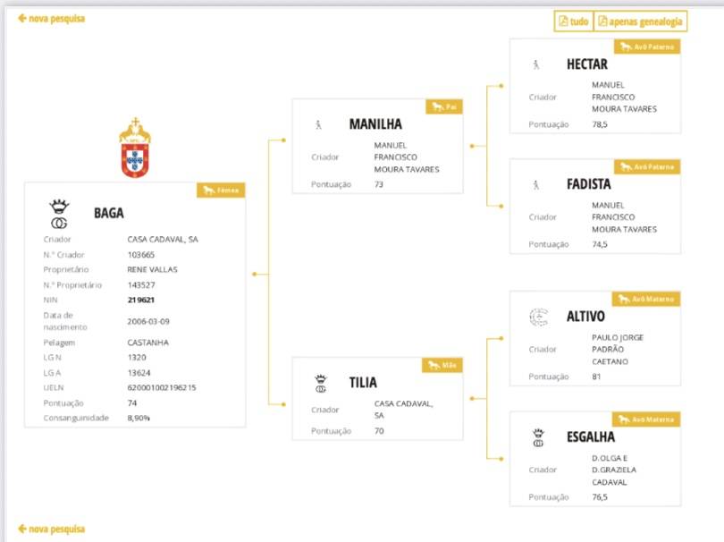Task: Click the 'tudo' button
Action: (x=574, y=21)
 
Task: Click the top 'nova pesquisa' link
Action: (x=51, y=19)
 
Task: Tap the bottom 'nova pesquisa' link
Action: (x=51, y=529)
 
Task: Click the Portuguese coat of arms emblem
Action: (x=135, y=148)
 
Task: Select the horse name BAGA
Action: (x=109, y=213)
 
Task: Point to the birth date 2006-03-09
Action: (x=148, y=321)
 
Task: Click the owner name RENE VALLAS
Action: (x=152, y=269)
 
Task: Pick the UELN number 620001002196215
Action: (x=162, y=387)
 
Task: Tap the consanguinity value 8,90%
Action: (x=139, y=418)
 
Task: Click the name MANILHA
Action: (x=375, y=123)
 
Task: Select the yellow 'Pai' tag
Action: (x=444, y=106)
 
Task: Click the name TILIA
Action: (x=363, y=383)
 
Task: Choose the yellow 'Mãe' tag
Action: (x=442, y=365)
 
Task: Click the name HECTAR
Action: (x=587, y=64)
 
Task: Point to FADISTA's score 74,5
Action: (x=600, y=244)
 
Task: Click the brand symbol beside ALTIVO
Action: (x=538, y=317)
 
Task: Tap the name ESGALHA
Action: (x=591, y=436)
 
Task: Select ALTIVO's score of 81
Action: (x=596, y=377)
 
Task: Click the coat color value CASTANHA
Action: (x=147, y=343)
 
